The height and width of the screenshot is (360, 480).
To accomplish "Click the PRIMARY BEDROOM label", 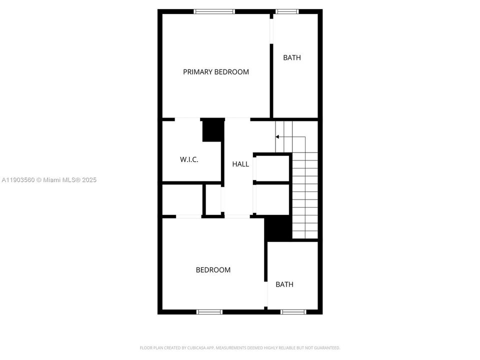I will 215,72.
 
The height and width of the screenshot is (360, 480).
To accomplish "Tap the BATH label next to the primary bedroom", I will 292,57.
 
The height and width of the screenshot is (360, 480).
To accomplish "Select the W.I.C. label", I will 189,159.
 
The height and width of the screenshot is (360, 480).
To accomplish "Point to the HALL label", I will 240,164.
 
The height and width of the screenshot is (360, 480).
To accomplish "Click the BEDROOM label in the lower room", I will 213,270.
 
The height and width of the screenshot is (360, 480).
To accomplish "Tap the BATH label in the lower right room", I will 284,284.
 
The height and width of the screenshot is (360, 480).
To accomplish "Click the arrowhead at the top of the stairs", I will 277,136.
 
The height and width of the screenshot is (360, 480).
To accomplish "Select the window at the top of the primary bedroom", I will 214,11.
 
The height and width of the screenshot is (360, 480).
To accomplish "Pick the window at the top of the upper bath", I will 287,11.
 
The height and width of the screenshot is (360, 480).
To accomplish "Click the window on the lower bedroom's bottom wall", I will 209,312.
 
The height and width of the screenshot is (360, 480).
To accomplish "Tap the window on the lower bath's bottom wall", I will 293,312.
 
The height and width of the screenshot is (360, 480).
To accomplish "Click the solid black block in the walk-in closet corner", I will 212,130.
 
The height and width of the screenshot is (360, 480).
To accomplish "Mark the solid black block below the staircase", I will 278,228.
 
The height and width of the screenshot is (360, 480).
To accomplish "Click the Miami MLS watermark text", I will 49,180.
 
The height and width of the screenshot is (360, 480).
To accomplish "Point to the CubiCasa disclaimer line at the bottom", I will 239,347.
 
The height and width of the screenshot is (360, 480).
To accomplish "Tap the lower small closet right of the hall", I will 272,199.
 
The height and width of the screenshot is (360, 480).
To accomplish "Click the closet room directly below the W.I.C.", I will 182,200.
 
